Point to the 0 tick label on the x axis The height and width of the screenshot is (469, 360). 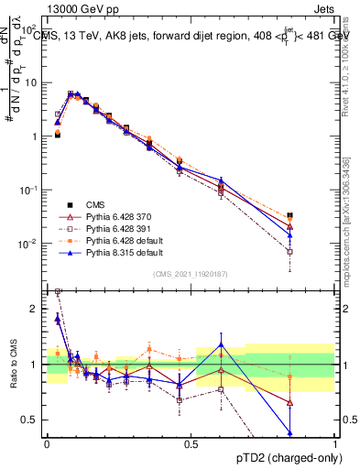point(47,443)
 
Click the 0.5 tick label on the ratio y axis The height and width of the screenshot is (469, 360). point(31,420)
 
